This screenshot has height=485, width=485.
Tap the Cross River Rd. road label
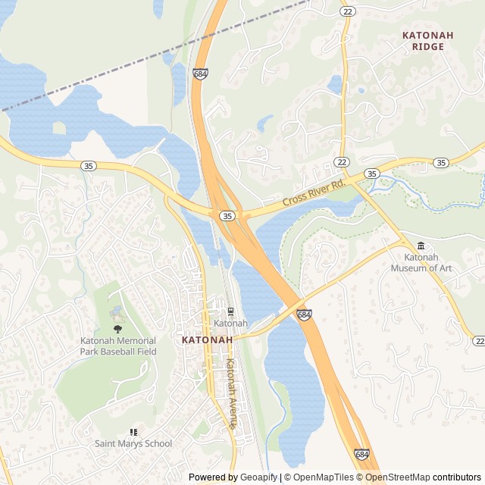[x=314, y=193]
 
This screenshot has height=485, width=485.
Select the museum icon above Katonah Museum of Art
[x=421, y=246]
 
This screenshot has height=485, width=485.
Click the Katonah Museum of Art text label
[x=421, y=262]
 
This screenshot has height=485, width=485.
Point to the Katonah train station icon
[x=230, y=311]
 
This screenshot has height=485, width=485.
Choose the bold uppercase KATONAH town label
[x=207, y=340]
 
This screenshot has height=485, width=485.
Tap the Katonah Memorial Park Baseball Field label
[x=118, y=346]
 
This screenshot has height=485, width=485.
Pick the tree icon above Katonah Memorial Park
[x=117, y=328]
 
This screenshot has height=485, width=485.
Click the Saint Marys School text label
[x=133, y=443]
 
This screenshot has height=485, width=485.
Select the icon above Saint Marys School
[x=133, y=431]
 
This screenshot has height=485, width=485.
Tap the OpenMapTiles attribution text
[x=324, y=477]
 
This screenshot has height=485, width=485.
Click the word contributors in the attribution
[x=457, y=477]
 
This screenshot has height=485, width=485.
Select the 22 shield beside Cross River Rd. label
[x=342, y=162]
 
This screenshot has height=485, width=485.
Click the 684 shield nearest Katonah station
[x=303, y=314]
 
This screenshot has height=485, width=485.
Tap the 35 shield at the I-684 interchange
[x=227, y=216]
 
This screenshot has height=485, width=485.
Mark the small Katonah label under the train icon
[x=230, y=324]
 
